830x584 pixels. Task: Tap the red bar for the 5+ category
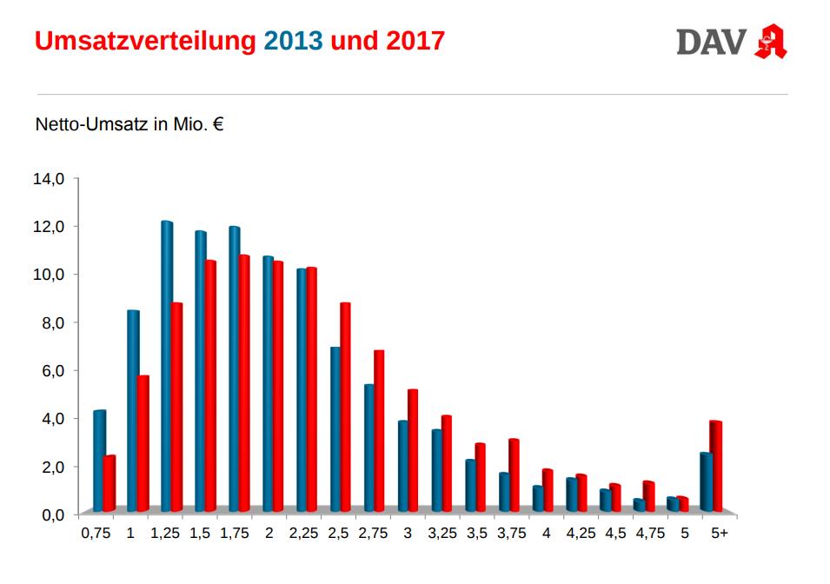pyautogui.click(x=716, y=467)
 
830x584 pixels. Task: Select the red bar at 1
pyautogui.click(x=143, y=443)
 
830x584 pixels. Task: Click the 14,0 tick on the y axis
pyautogui.click(x=49, y=179)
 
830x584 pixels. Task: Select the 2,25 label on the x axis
pyautogui.click(x=302, y=533)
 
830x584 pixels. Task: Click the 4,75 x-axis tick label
pyautogui.click(x=650, y=533)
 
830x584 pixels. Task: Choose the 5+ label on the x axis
pyautogui.click(x=719, y=533)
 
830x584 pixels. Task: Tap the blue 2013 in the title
pyautogui.click(x=293, y=40)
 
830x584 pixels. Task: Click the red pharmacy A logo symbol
pyautogui.click(x=770, y=41)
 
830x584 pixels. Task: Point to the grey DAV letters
pyautogui.click(x=712, y=42)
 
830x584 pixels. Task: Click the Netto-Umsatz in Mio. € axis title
pyautogui.click(x=129, y=124)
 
